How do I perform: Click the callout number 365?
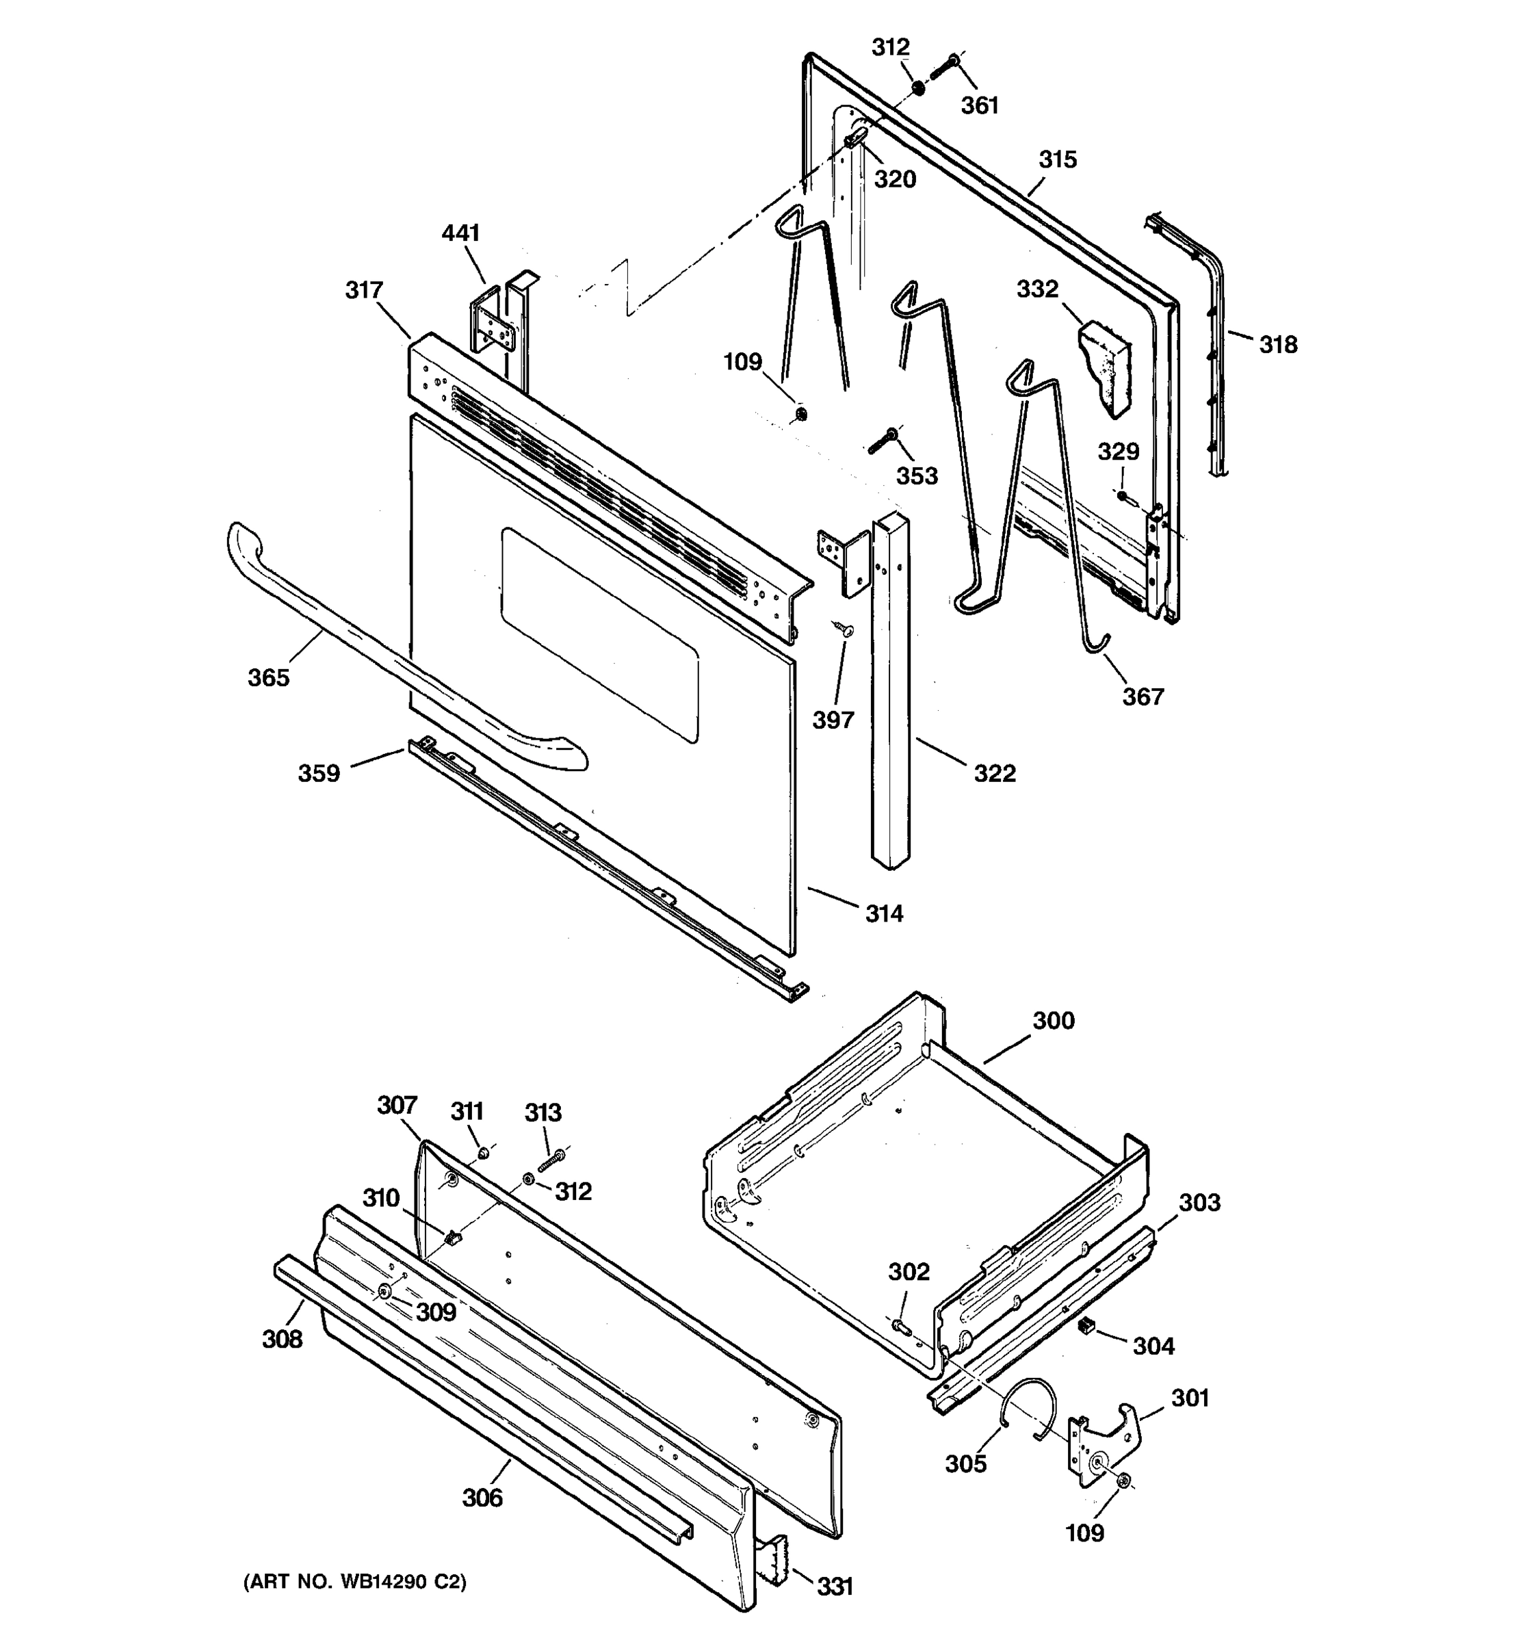tap(268, 678)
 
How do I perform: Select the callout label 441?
tap(460, 234)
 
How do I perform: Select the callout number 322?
tap(994, 773)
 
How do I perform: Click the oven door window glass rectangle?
tap(600, 634)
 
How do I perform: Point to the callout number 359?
tap(319, 774)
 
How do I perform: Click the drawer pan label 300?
tap(1054, 1021)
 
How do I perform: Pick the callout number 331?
tap(835, 1587)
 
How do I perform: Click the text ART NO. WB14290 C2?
tap(355, 1582)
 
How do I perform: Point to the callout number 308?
tap(283, 1339)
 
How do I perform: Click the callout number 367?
tap(1143, 697)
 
